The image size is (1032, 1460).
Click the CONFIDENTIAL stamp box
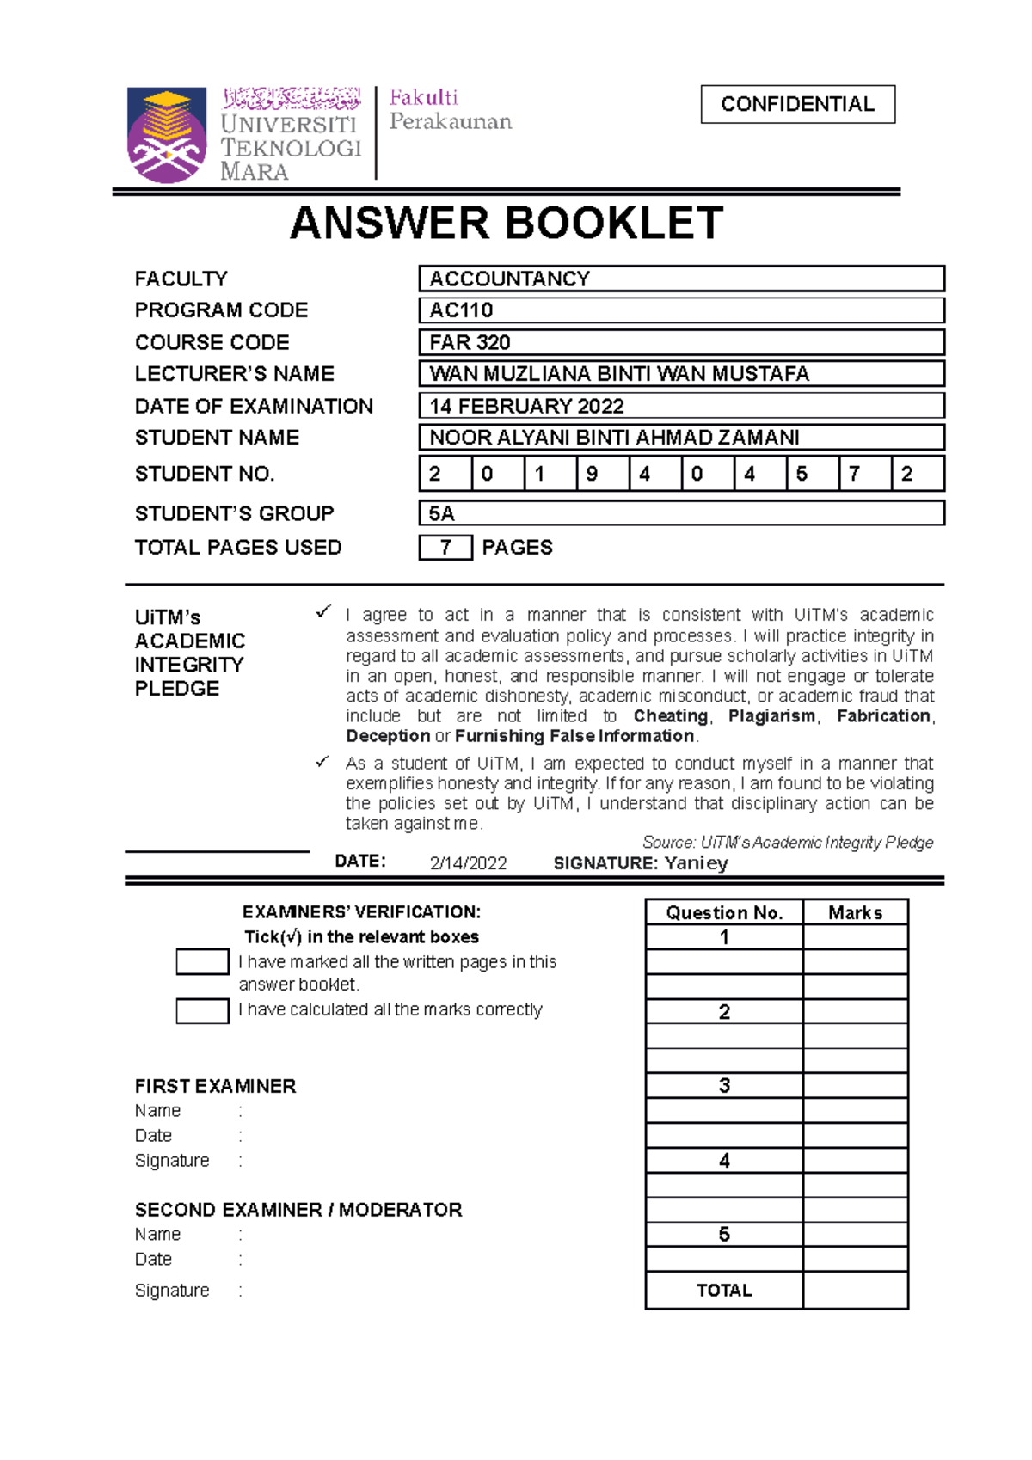tap(797, 104)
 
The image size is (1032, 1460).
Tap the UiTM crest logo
tap(167, 134)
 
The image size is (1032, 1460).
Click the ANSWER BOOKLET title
tap(507, 224)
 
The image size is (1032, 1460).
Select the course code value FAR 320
tap(470, 342)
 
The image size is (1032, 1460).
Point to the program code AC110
tap(461, 310)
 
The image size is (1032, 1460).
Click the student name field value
tap(614, 438)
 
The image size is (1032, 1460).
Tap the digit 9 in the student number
tap(592, 474)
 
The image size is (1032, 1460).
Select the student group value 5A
tap(442, 513)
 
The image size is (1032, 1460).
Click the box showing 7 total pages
tap(445, 548)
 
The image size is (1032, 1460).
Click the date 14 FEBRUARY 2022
tap(526, 406)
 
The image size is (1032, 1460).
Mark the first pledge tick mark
tap(322, 612)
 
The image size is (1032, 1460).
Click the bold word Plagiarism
tap(771, 716)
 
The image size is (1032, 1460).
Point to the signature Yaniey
tap(696, 862)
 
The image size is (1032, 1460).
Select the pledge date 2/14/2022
tap(468, 863)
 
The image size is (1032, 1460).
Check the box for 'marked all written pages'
tap(202, 961)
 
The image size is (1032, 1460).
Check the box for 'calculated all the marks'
tap(202, 1010)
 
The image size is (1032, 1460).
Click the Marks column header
tap(855, 912)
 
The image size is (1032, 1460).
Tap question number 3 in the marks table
tap(724, 1086)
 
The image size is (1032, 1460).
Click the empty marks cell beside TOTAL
tap(855, 1290)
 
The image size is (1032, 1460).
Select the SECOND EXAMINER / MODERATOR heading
tap(298, 1210)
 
